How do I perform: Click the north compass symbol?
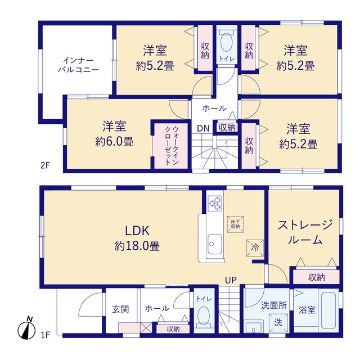(26, 328)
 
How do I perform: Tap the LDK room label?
(137, 231)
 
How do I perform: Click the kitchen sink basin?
(215, 244)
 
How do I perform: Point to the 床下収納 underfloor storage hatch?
(235, 224)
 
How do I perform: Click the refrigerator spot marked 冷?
(255, 247)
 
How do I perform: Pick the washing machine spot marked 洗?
(278, 322)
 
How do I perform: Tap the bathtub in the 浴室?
(328, 310)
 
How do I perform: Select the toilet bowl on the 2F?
(227, 42)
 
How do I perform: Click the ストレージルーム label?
(305, 232)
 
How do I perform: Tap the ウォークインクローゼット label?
(172, 146)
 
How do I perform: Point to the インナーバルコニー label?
(78, 65)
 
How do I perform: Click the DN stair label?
(203, 129)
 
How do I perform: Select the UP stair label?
(231, 280)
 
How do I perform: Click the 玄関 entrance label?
(120, 309)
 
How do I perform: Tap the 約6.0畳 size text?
(114, 142)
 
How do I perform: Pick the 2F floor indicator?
(45, 165)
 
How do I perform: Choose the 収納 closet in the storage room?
(316, 277)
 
